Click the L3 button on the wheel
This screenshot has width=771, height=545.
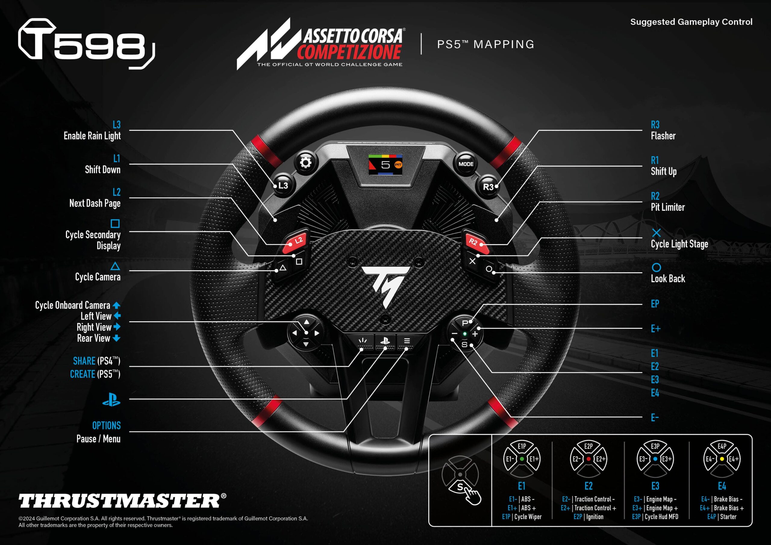tap(282, 185)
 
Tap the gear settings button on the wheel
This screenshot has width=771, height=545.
tap(305, 163)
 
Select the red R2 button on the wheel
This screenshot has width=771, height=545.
tap(474, 241)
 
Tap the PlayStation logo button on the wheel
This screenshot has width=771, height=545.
tap(385, 341)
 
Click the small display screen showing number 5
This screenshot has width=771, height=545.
tap(385, 164)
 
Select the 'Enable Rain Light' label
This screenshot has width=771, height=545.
tap(92, 136)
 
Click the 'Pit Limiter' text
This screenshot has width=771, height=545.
tap(668, 207)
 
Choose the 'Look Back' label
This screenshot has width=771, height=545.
tap(668, 279)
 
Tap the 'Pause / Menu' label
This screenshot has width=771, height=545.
tap(98, 439)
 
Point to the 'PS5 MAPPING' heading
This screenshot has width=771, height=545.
tap(485, 44)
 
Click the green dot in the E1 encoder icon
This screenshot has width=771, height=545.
tap(522, 459)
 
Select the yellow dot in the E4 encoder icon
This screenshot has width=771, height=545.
tap(722, 459)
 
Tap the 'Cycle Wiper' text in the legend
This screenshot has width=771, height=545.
tap(528, 517)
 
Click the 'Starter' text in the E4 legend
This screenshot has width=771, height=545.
tap(728, 517)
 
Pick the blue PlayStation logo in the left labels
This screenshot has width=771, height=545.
tap(111, 400)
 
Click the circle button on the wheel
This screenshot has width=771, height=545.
tap(489, 269)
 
